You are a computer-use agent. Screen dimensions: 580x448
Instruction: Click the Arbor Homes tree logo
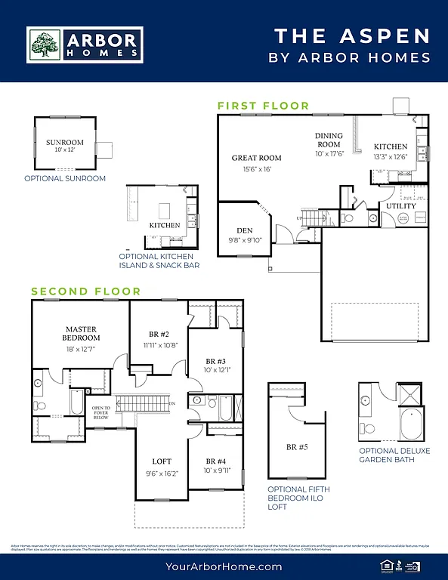point(44,45)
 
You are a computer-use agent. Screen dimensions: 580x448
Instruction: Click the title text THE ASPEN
point(351,35)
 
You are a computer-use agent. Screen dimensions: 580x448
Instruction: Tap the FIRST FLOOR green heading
point(263,106)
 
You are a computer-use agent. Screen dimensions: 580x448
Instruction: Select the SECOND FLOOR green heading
point(85,291)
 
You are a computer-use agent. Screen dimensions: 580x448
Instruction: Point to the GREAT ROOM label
point(256,158)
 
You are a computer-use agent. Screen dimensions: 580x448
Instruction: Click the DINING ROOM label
point(329,140)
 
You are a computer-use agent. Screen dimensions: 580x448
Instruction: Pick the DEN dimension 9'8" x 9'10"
point(244,241)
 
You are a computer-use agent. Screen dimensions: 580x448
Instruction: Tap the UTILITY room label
point(400,205)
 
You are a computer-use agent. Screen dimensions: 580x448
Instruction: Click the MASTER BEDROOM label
point(82,333)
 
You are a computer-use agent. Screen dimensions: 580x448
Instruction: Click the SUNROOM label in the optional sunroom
point(64,142)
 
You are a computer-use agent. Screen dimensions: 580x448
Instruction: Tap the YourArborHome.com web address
point(224,565)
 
